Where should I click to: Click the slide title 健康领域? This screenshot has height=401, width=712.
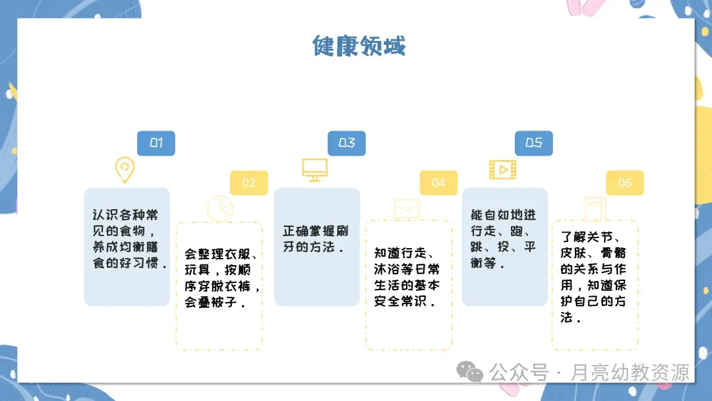[359, 46]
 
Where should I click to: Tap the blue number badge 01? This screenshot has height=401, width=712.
[156, 143]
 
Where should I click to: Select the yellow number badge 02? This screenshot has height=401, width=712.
[249, 183]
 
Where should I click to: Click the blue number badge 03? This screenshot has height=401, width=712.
[347, 143]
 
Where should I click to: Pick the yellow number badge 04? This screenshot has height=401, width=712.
[438, 183]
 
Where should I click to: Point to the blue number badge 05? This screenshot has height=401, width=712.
[533, 143]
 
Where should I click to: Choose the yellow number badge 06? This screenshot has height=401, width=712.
[624, 183]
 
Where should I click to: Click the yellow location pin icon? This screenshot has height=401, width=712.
[124, 170]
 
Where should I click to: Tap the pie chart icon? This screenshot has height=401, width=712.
[220, 208]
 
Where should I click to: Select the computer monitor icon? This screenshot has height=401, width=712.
[314, 170]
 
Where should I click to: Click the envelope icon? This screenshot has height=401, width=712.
[407, 208]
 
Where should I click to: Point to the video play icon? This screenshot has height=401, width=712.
[502, 170]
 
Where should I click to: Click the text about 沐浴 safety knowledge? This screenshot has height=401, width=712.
[408, 277]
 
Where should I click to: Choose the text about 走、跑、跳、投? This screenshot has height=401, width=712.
[504, 239]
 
